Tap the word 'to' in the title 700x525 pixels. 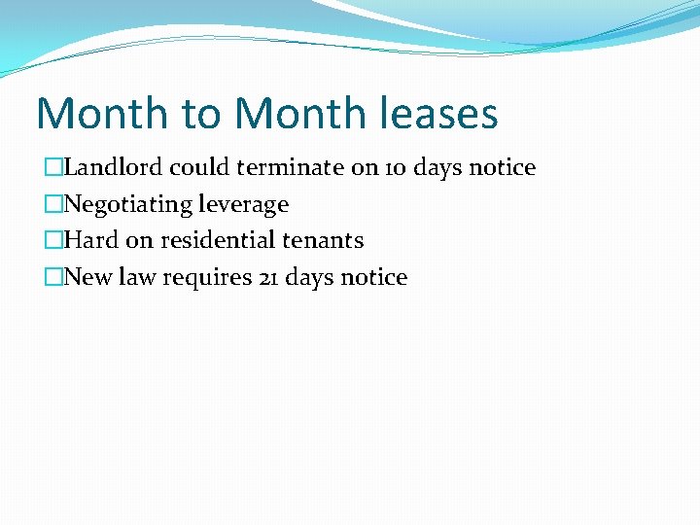201,113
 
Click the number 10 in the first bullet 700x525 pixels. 396,167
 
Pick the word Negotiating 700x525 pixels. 128,205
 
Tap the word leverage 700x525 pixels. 243,205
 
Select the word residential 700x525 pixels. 215,240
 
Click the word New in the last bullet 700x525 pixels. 89,277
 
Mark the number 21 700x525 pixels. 269,277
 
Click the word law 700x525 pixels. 139,277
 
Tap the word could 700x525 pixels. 200,167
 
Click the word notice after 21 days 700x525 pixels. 374,277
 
